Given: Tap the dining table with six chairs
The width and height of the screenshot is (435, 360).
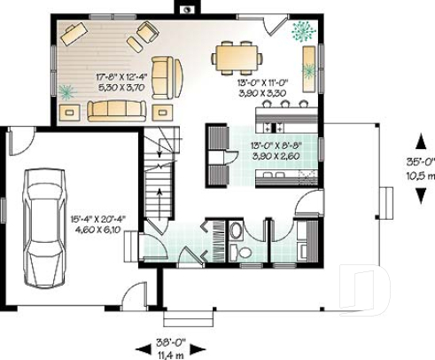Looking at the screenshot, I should (237, 59).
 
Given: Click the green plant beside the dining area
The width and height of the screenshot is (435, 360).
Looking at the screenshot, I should (304, 30).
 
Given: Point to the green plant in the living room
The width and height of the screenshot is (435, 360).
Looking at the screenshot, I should (68, 91).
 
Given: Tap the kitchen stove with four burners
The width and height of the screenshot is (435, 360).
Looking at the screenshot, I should (217, 141).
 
